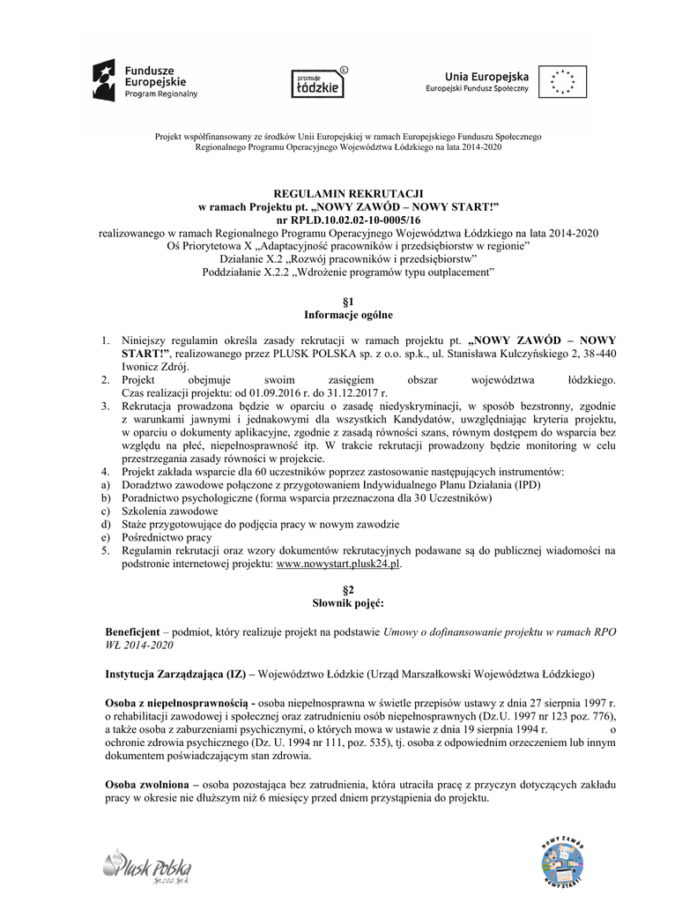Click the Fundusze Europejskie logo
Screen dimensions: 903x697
(x=146, y=79)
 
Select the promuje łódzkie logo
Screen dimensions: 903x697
(x=318, y=82)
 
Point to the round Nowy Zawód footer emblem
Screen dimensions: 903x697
(x=562, y=858)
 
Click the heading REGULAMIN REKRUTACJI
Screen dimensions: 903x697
(x=348, y=193)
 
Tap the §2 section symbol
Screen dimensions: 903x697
(x=348, y=588)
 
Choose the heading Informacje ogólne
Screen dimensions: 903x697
(x=348, y=315)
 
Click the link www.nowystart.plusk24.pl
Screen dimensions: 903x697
(x=338, y=563)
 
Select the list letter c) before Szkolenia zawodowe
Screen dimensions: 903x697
(x=104, y=511)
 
